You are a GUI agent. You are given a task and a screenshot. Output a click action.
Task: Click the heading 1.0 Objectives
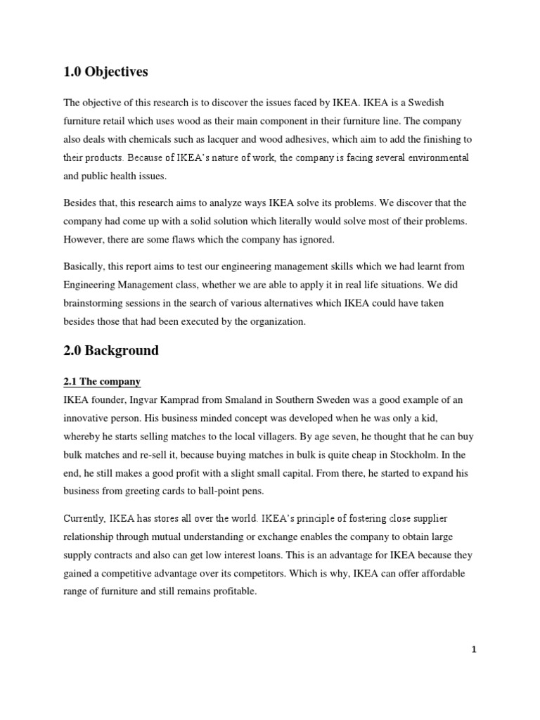[x=105, y=72]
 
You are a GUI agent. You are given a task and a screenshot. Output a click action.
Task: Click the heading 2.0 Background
[x=111, y=350]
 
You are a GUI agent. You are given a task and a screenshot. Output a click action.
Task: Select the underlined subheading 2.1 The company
[x=102, y=382]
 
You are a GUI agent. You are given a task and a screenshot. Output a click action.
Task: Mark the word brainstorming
[x=94, y=303]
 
